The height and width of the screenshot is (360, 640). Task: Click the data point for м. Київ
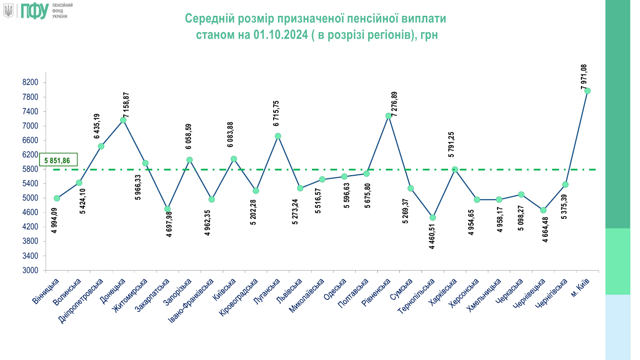(587, 91)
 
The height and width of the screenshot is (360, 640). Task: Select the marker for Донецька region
(123, 120)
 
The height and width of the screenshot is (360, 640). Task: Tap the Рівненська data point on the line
(388, 116)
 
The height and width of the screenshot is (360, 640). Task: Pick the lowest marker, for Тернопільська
(433, 217)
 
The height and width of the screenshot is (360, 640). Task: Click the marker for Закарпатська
(168, 209)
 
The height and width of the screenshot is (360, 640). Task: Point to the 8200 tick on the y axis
(30, 83)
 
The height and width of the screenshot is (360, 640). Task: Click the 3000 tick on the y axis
(30, 270)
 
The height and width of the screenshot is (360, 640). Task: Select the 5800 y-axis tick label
(30, 169)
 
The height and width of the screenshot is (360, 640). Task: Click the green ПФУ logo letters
(34, 11)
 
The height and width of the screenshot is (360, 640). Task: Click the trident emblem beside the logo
(8, 11)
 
